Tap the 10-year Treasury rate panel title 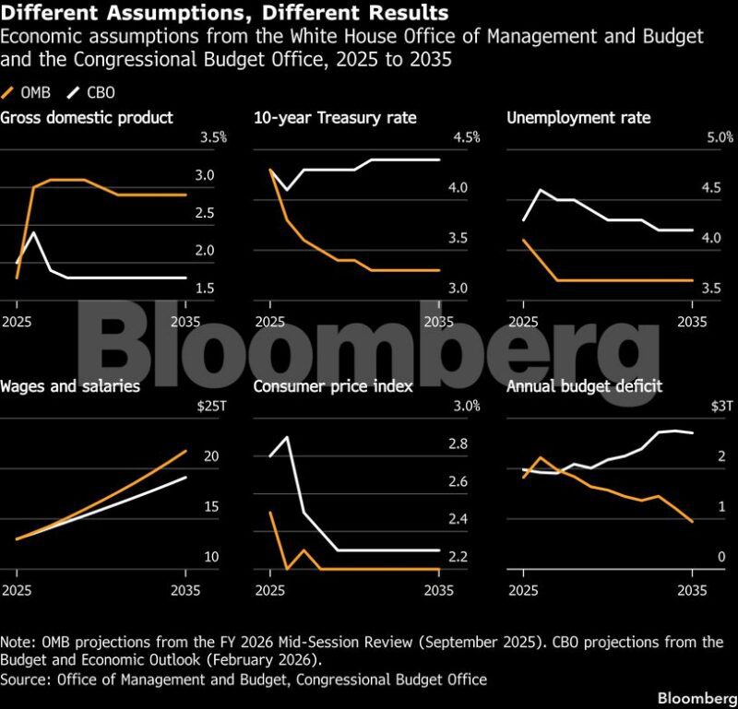[x=335, y=117]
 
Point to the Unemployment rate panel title [x=578, y=117]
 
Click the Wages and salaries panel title [x=70, y=386]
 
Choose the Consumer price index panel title [x=333, y=386]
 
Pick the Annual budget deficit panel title [x=584, y=386]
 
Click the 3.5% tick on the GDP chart [x=213, y=137]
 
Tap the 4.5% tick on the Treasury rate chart [x=467, y=137]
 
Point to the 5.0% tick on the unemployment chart [x=720, y=137]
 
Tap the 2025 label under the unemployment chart [x=523, y=322]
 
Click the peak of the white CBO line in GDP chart [x=34, y=232]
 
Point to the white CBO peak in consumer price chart [x=288, y=437]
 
